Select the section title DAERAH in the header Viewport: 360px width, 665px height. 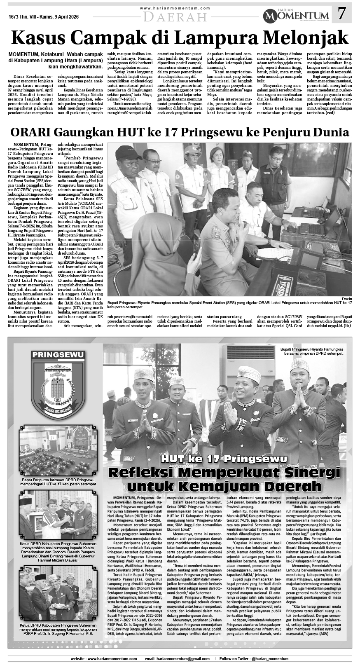pos(175,17)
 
